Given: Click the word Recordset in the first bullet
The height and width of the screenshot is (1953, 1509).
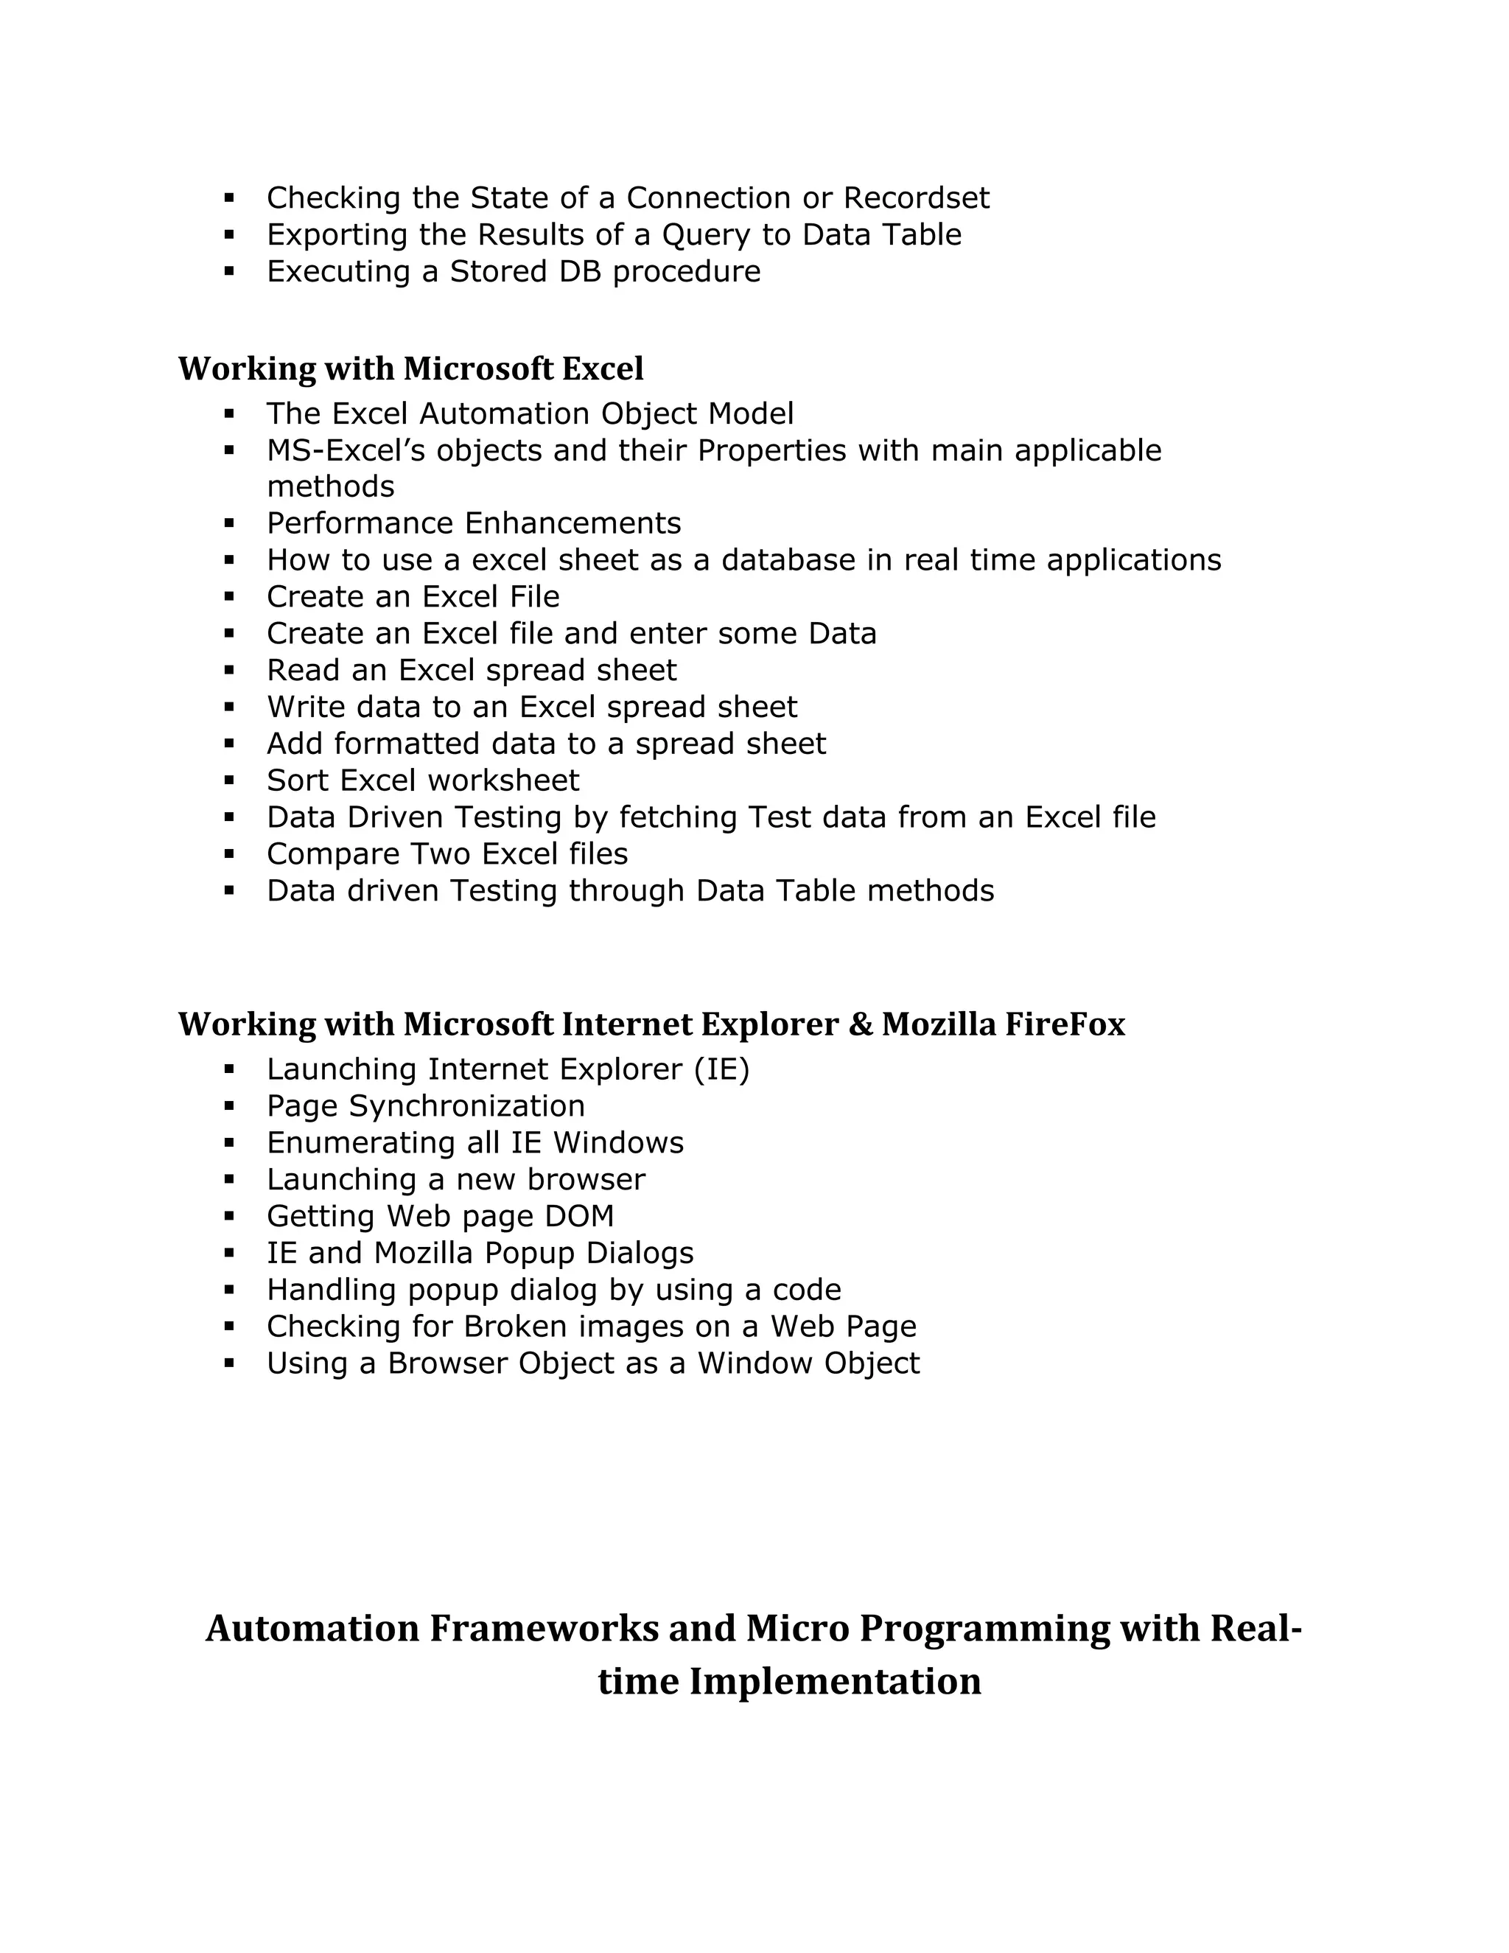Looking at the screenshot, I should [917, 198].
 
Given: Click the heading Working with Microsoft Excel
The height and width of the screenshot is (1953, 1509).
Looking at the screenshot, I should [410, 368].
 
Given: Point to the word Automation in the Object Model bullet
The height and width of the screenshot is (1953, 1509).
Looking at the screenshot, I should [504, 413].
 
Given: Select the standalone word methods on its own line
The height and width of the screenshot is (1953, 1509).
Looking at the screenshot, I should [330, 486].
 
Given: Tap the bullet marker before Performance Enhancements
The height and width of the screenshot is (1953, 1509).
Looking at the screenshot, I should [230, 523].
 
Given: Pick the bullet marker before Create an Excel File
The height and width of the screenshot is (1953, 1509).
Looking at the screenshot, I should [230, 596].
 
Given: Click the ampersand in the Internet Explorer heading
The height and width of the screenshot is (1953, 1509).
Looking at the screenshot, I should [860, 1024].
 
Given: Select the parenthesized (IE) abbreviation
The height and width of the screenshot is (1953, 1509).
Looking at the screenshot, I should [721, 1069].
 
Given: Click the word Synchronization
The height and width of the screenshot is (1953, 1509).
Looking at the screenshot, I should [466, 1106].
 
